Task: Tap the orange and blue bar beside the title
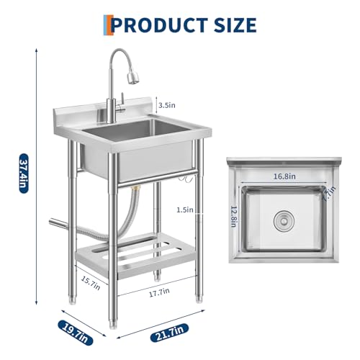(x=107, y=24)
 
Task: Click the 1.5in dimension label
(x=185, y=210)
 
